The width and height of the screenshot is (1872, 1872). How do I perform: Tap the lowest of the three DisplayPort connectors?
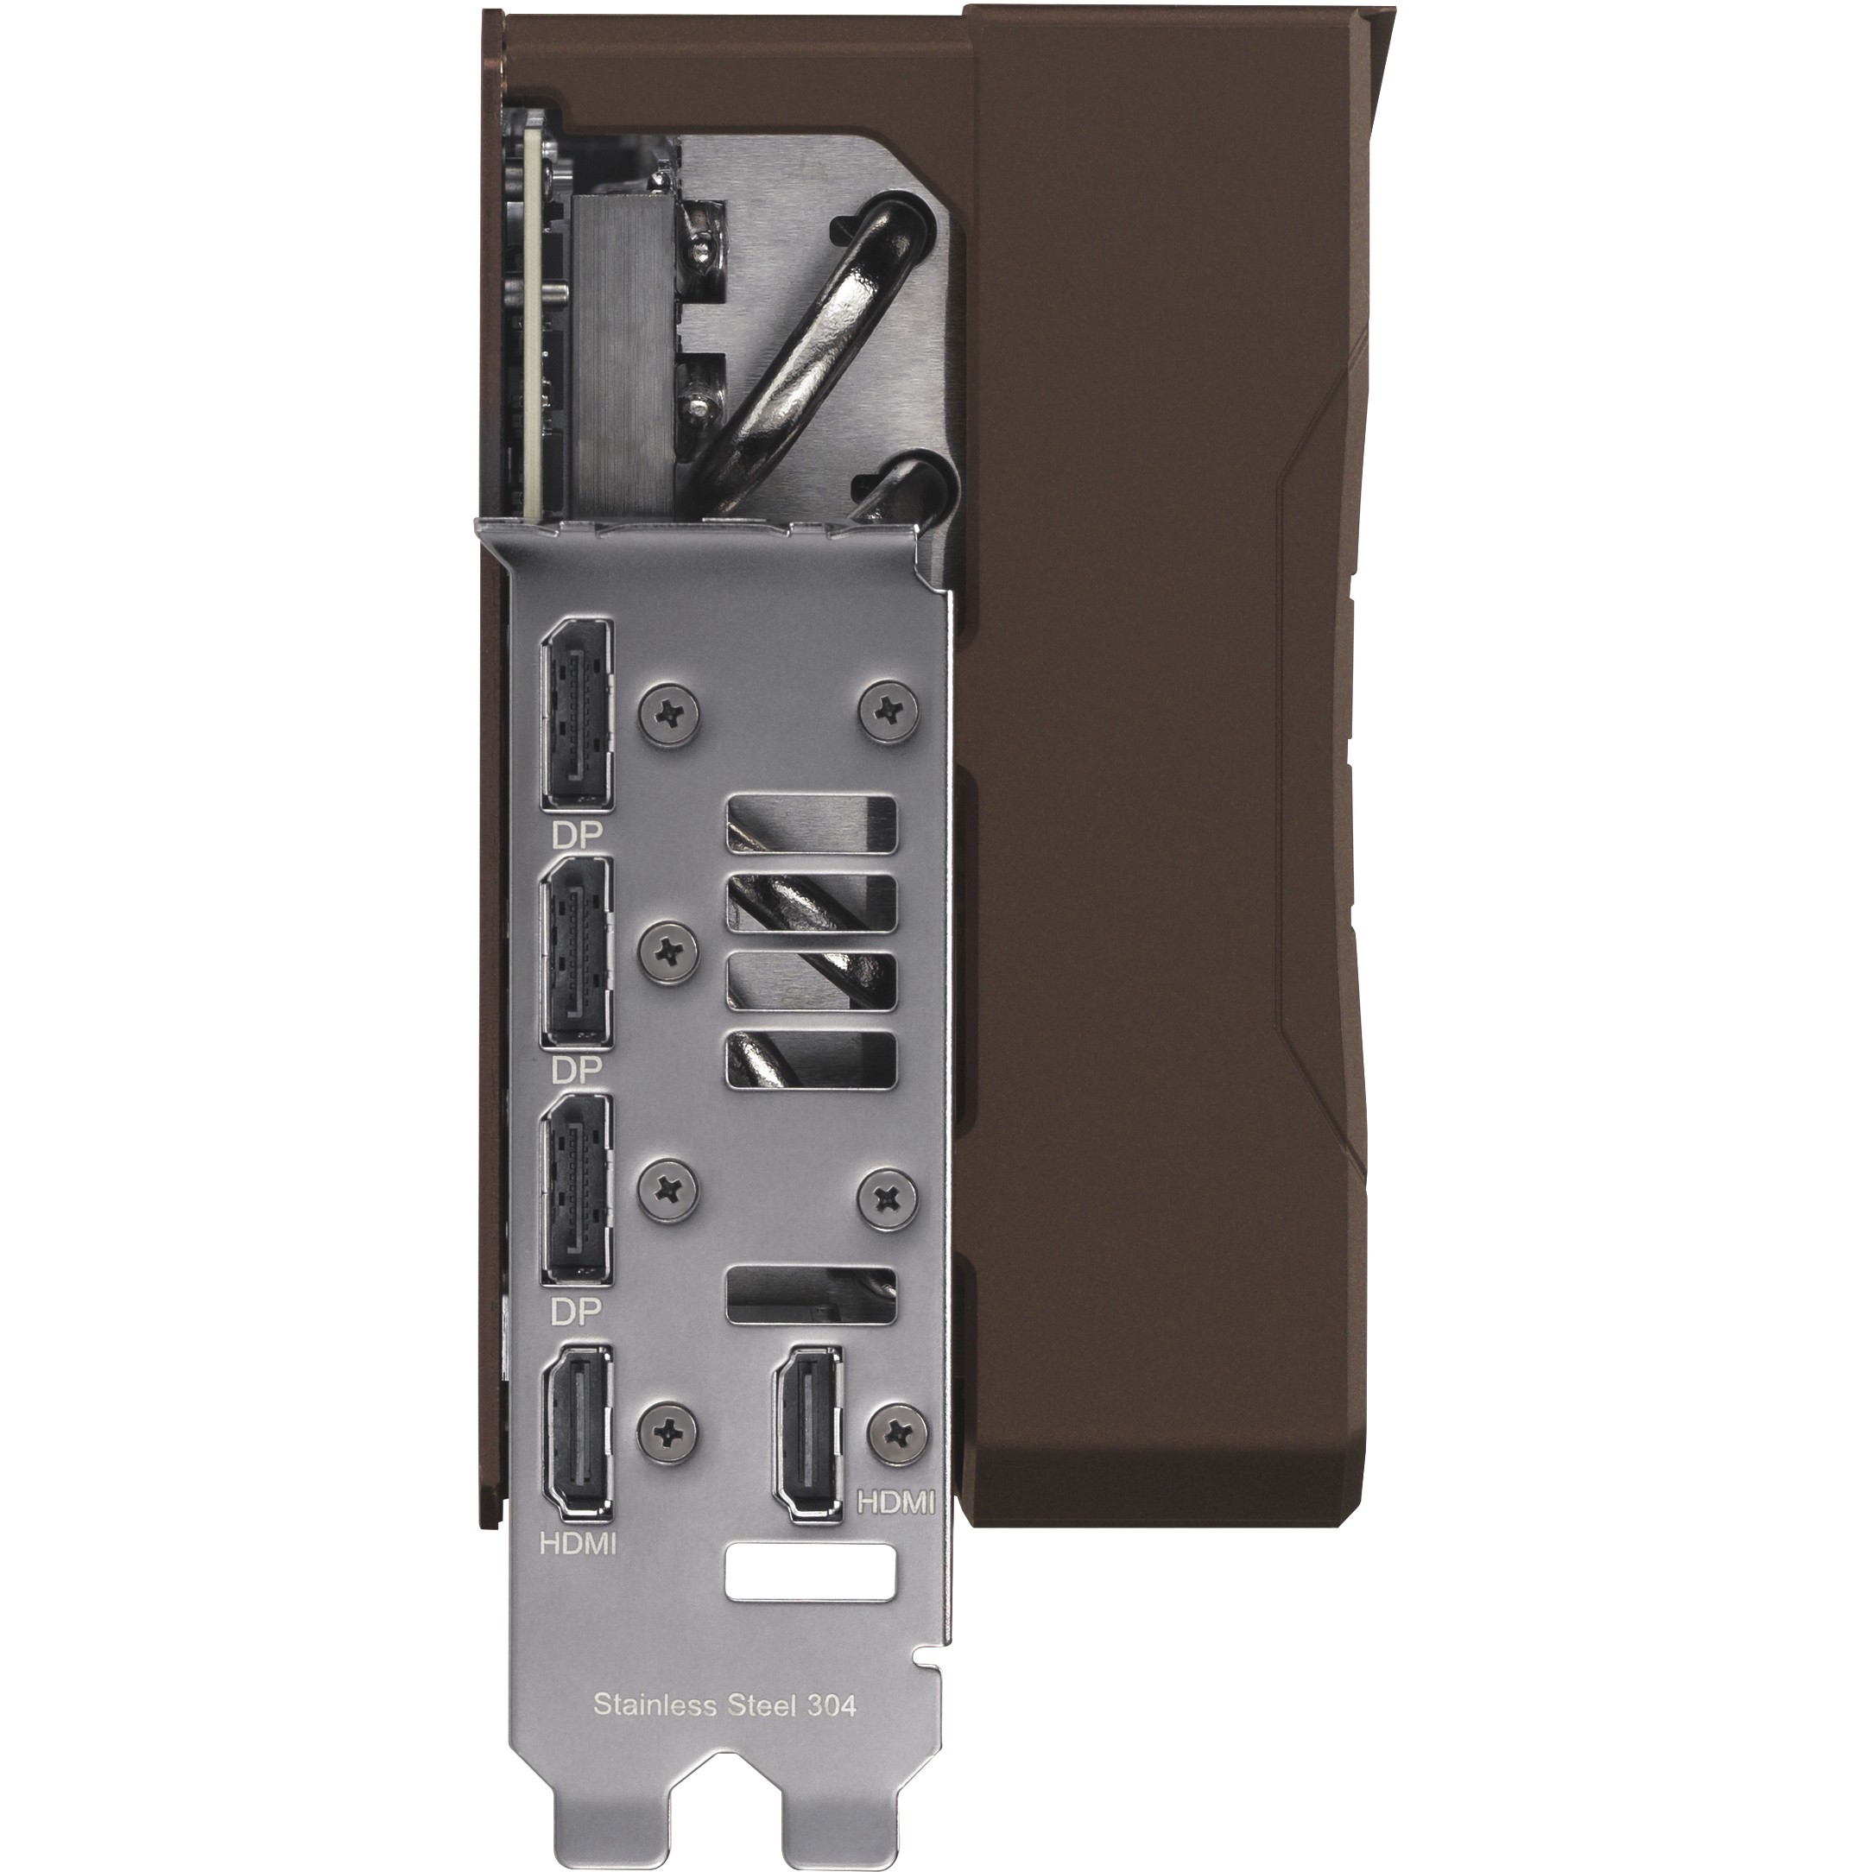(x=578, y=1192)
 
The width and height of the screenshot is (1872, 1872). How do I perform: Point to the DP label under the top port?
(x=577, y=834)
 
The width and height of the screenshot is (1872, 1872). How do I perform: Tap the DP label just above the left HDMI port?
(x=577, y=1311)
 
